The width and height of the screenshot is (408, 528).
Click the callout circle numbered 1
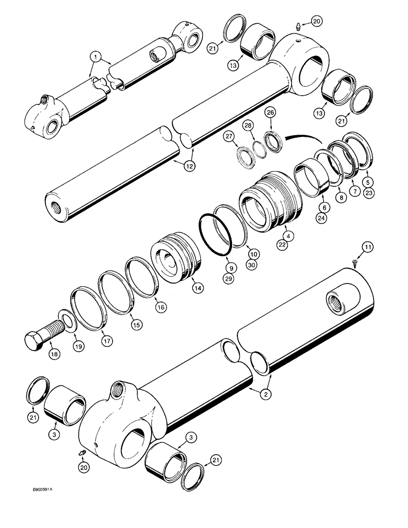point(95,55)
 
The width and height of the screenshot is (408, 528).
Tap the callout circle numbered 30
point(251,265)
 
